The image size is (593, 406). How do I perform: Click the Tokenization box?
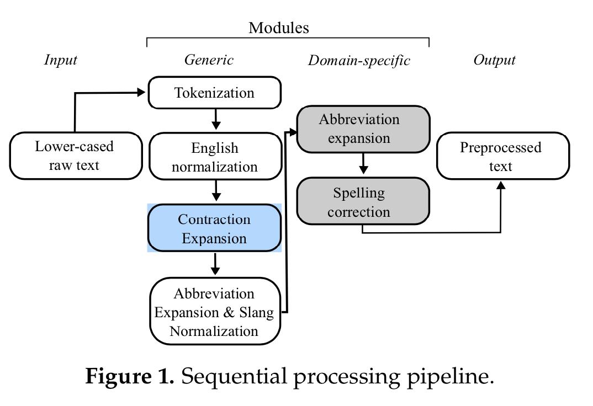click(x=215, y=93)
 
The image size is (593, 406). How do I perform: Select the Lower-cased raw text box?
click(x=76, y=156)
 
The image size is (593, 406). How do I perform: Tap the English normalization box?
click(x=215, y=157)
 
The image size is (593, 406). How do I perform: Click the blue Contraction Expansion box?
click(x=214, y=228)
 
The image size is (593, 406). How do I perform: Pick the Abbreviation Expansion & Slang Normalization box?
click(x=215, y=312)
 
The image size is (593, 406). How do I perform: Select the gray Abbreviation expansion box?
click(x=363, y=129)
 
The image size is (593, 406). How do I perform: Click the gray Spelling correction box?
click(x=363, y=201)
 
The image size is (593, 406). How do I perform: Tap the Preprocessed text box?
click(x=502, y=156)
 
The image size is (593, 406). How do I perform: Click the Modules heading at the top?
click(x=278, y=28)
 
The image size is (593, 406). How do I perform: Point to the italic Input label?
click(x=60, y=60)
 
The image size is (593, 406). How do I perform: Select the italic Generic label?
click(x=209, y=60)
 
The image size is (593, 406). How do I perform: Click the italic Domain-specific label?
click(x=359, y=60)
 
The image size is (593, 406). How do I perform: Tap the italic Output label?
click(x=494, y=60)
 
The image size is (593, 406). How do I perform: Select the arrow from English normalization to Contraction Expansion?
click(x=216, y=191)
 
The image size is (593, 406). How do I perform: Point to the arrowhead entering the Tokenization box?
click(x=142, y=93)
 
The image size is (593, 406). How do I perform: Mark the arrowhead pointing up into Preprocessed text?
click(x=501, y=185)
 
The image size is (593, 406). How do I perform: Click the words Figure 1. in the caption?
click(x=130, y=376)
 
